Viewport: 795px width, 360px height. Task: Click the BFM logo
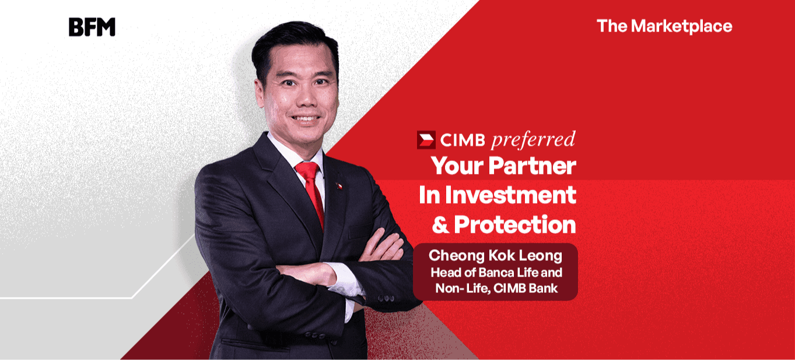(92, 27)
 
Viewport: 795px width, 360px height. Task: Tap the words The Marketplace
(664, 26)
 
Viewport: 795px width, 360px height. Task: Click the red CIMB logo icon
(426, 140)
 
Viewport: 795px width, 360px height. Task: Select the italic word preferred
(533, 140)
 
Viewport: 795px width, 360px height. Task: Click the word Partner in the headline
(532, 166)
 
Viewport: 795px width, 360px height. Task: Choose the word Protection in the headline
(515, 225)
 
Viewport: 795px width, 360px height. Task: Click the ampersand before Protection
(441, 225)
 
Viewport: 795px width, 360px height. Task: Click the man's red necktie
(311, 194)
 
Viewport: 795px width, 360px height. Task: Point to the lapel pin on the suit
(339, 186)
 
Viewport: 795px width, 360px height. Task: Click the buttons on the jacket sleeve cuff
(386, 298)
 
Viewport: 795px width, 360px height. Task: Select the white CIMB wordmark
(463, 141)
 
